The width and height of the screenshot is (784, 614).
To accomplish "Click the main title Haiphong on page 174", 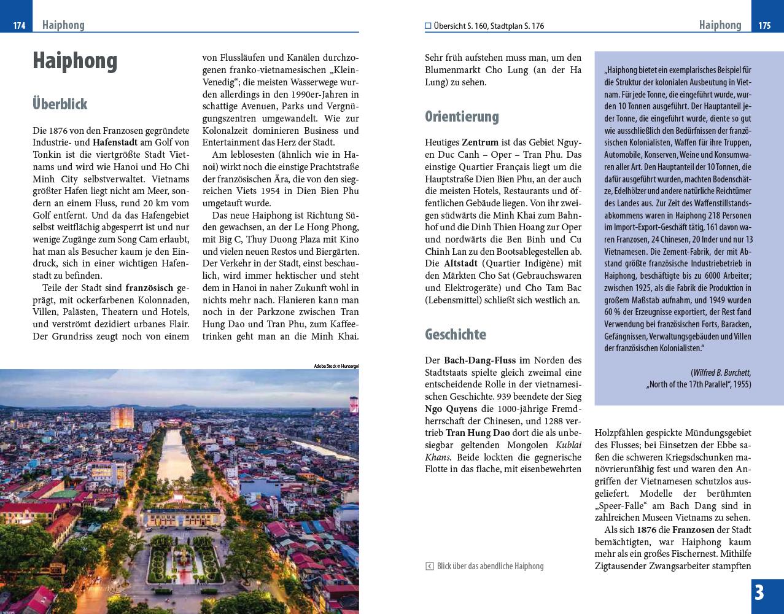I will tap(75, 61).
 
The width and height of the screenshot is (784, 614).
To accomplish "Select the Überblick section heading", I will tap(60, 104).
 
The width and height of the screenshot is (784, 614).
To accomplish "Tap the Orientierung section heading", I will tap(462, 116).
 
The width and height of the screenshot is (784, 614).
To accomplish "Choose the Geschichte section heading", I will tap(455, 335).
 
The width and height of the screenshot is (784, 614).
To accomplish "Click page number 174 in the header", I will tap(19, 25).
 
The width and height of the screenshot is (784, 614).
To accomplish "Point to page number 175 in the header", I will tap(764, 25).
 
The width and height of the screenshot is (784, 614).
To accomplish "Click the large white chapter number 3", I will tap(759, 593).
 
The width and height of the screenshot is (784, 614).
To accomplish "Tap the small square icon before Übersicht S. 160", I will tap(428, 26).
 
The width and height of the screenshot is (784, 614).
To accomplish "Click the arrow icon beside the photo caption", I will tap(430, 566).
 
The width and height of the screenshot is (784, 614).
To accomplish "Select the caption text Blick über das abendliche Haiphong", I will tap(490, 566).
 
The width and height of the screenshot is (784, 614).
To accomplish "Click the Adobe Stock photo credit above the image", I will tap(336, 366).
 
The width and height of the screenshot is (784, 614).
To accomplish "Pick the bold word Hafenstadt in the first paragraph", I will tap(115, 142).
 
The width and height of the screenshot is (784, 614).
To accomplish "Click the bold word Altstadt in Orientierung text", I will tap(461, 263).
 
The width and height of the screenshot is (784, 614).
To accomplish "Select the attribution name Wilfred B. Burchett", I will tap(721, 373).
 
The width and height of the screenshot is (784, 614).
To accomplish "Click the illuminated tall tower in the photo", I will tap(122, 418).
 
